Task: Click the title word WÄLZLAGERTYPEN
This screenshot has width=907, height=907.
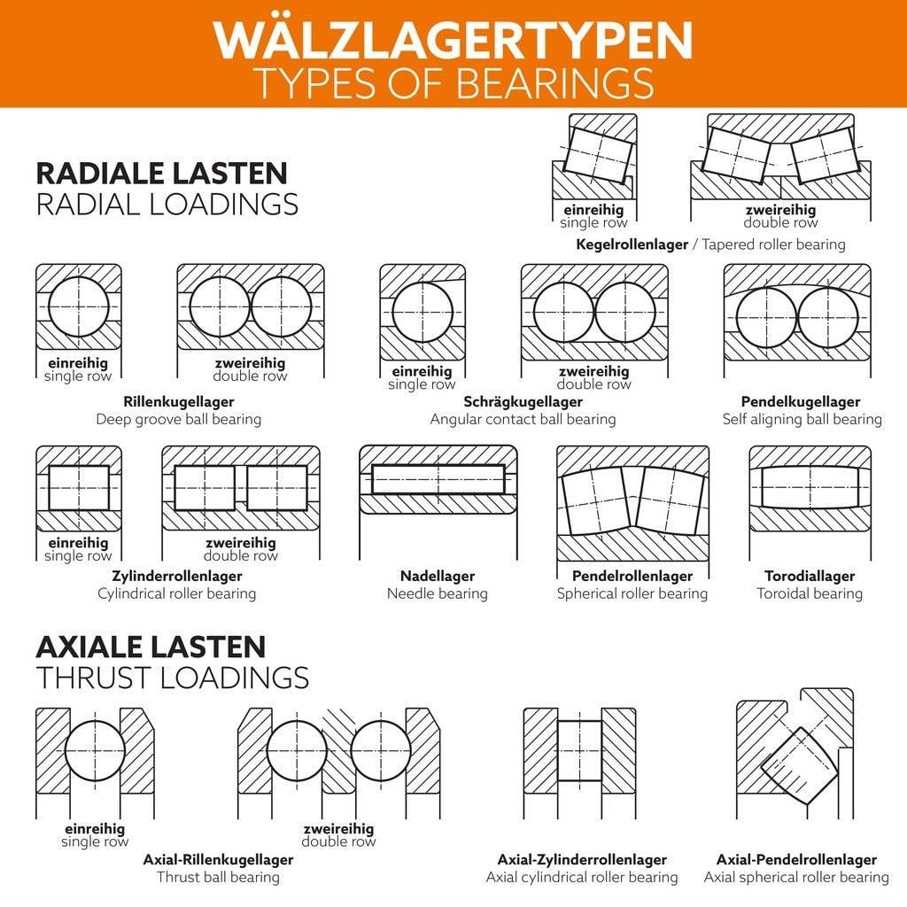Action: [453, 38]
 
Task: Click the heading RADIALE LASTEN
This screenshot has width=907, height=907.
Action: [161, 173]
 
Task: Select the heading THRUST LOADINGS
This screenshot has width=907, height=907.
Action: [173, 678]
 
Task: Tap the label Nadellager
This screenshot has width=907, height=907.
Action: [437, 576]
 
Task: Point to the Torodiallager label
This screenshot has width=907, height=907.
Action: [809, 576]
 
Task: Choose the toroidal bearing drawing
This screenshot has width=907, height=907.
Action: [810, 488]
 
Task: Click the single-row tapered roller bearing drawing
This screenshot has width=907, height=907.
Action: [594, 156]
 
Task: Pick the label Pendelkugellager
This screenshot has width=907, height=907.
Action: [801, 401]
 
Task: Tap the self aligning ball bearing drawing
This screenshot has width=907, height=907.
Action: [797, 314]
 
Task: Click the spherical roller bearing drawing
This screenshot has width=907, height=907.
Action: [632, 502]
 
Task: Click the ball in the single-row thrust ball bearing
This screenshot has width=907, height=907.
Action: [95, 750]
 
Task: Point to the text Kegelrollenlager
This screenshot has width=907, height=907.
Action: [632, 244]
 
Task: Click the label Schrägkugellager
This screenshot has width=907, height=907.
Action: [523, 401]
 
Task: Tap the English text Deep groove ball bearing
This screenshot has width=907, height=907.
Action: [178, 419]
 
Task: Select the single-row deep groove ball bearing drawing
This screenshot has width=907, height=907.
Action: [78, 307]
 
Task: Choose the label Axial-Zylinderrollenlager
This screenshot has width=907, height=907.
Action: [581, 859]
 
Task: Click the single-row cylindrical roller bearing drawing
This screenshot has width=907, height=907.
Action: [78, 488]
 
